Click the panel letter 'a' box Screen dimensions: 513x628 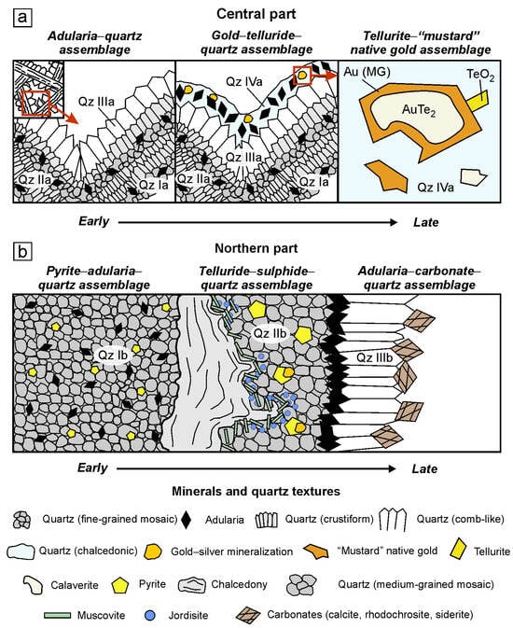(x=22, y=17)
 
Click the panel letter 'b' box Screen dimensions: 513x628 (x=22, y=252)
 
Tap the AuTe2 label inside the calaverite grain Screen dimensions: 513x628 (x=419, y=110)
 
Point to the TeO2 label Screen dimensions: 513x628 (x=480, y=76)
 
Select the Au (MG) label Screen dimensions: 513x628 (x=367, y=72)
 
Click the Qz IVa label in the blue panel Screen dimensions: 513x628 (x=436, y=187)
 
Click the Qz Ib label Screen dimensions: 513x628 (x=113, y=355)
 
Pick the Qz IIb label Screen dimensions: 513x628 (x=270, y=333)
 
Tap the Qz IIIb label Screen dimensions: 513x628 (x=374, y=357)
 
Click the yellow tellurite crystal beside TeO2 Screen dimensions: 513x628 (x=478, y=101)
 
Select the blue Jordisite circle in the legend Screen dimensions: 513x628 (x=151, y=615)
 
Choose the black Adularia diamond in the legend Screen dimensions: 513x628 (x=187, y=520)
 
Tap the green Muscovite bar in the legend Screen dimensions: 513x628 (x=57, y=615)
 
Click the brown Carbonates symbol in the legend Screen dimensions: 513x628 (x=249, y=615)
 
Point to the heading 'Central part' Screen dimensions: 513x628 (x=256, y=14)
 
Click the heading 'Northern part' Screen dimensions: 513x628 (x=256, y=248)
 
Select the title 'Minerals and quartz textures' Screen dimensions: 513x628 (x=256, y=491)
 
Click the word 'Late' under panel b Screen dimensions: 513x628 (x=424, y=468)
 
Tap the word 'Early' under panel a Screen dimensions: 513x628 (x=93, y=221)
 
